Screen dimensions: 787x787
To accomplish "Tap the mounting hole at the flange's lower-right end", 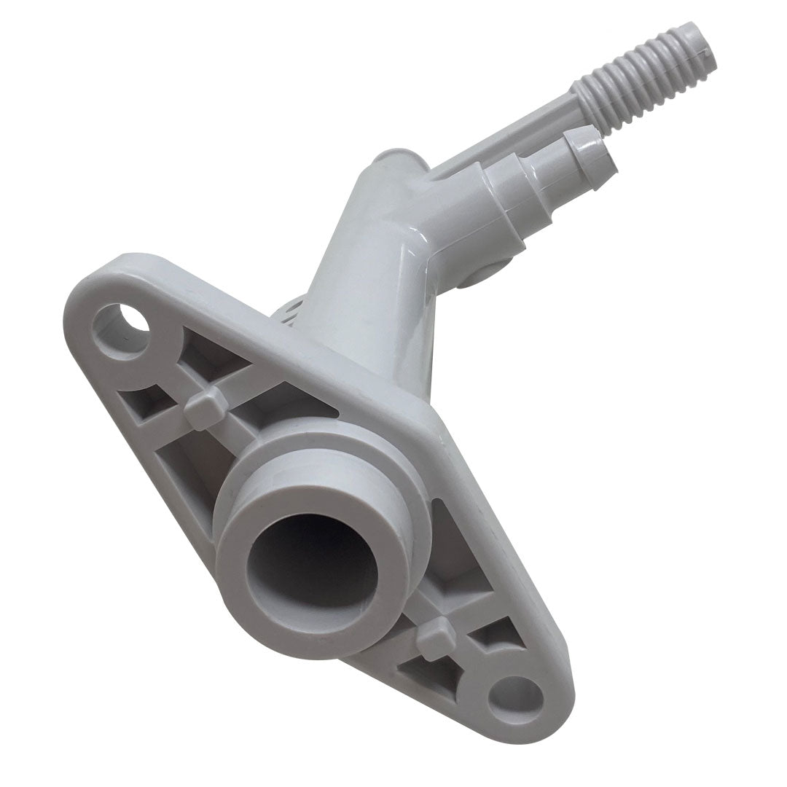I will pos(515,700).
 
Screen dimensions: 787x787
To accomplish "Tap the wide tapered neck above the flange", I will pos(364,291).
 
